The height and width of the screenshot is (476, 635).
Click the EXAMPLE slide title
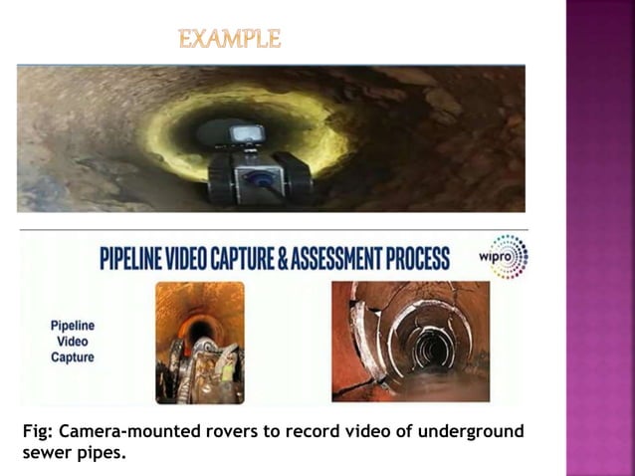coord(229,40)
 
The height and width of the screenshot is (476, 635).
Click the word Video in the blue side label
coord(73,341)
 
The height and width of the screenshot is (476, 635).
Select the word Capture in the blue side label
coord(73,357)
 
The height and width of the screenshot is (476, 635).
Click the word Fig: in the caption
coord(38,431)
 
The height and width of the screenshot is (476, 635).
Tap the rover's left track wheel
coord(220,179)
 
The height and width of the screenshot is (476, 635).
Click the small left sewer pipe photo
coord(199,341)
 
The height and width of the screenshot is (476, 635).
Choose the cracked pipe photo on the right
coord(410,341)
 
